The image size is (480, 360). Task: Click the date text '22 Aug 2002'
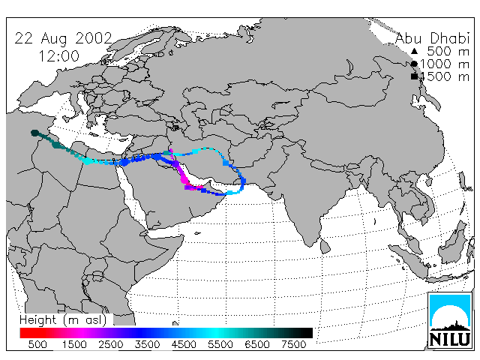point(63,38)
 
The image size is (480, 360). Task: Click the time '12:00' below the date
point(58,56)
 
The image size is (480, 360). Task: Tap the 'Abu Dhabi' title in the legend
point(432,38)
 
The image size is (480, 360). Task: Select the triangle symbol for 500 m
point(414,51)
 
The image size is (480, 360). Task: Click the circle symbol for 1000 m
point(414,64)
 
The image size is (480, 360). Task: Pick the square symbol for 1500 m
point(414,76)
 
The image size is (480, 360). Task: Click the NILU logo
point(450,320)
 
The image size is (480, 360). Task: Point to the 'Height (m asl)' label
point(63,320)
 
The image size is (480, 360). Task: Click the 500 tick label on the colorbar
point(37,344)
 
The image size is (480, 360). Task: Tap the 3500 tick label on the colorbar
point(147,344)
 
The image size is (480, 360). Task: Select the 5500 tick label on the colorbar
point(220,344)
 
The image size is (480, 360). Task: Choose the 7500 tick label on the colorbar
point(293,344)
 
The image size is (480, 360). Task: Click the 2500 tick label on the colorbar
point(111,344)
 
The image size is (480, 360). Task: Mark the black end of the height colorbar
point(309,333)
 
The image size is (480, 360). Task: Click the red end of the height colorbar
point(24,333)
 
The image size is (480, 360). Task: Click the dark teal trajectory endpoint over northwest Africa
point(35,133)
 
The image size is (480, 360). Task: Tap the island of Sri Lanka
point(325,246)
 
